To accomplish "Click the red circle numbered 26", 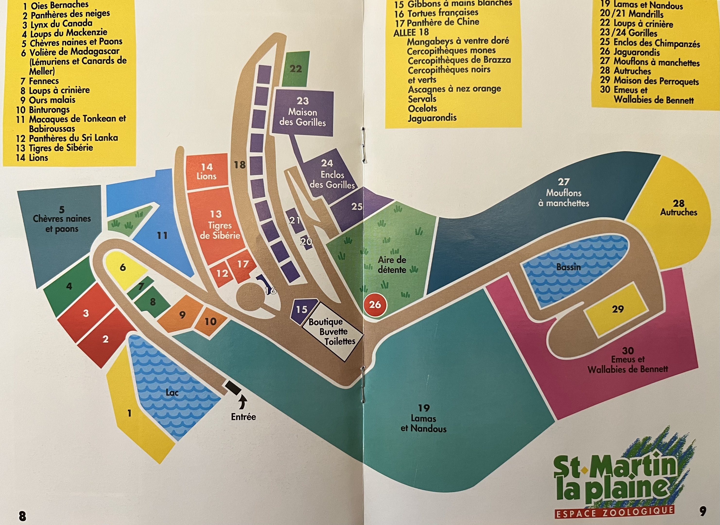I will coord(375,305).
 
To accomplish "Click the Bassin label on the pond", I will coord(568,267).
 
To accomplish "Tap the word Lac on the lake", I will coord(172,393).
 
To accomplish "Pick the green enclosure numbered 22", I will coord(295,69).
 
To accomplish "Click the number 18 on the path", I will coord(240,165).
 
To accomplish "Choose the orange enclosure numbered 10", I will coord(211,322).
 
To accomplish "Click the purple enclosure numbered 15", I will coord(302,310).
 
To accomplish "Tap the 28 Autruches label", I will coord(678,208).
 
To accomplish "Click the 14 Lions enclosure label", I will coord(207,172).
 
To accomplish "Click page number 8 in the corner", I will coord(22,516).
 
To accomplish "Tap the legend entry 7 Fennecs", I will coord(40,81).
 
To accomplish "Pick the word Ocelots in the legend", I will coord(422,108).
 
